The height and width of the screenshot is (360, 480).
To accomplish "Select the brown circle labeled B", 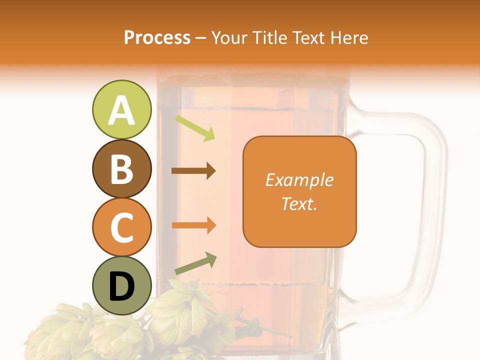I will coord(121,169).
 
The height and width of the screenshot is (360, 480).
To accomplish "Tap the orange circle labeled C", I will coord(121,227).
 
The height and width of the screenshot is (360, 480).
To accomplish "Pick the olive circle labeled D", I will coord(121,286).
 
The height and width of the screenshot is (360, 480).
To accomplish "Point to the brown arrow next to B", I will coord(193,171).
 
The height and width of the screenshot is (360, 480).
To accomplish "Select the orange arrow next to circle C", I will coord(193,225).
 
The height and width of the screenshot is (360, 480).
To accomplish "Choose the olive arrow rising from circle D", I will coord(195,263).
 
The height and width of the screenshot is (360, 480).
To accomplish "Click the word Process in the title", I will coord(157,37).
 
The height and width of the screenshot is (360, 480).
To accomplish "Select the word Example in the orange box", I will coord(299,180).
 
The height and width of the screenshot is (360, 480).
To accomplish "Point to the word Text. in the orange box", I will coord(299,203).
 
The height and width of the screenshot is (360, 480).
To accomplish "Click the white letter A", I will coord(121,110).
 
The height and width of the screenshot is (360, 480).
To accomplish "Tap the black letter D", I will coord(121,287).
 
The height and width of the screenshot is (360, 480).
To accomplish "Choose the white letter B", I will coord(121,169).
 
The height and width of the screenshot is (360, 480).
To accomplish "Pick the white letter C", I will coord(121,228).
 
